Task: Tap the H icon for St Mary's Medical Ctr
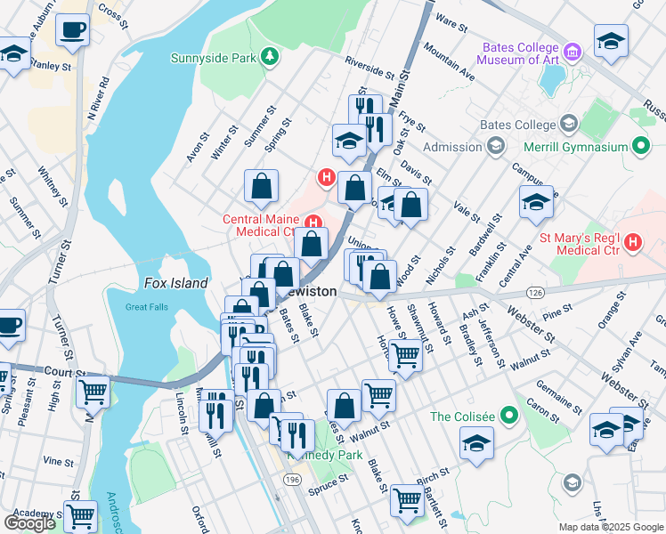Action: point(633,241)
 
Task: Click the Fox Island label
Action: point(175,283)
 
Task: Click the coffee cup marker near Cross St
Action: point(71,29)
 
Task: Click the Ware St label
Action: point(451,21)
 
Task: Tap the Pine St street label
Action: point(556,311)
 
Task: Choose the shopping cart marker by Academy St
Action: point(80,514)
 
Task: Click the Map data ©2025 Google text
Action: point(610,527)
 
